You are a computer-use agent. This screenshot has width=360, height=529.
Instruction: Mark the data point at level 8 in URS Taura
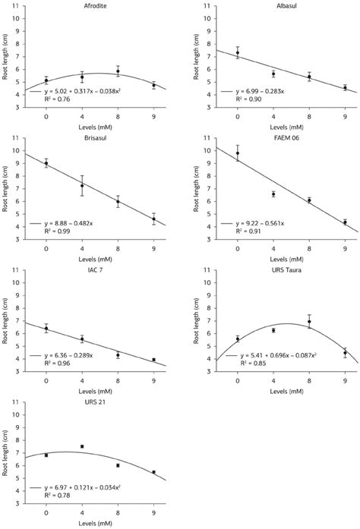tap(309, 322)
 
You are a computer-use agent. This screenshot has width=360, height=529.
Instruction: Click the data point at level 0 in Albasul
tap(238, 52)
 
